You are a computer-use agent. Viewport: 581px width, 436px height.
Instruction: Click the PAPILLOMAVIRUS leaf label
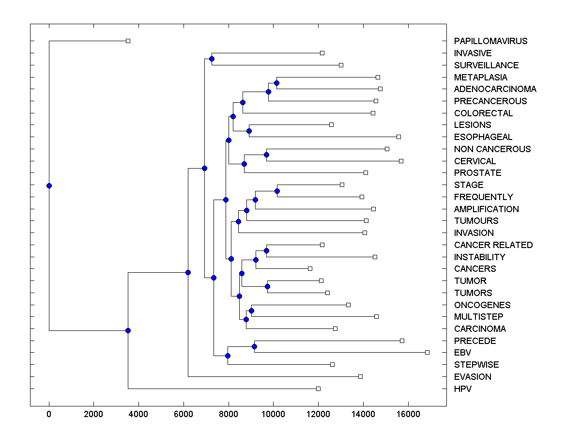(490, 41)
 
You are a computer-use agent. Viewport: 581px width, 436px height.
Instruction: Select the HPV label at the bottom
(462, 389)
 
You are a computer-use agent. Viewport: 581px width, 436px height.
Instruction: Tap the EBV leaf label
(462, 353)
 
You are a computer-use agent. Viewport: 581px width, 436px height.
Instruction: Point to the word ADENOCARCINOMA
(495, 89)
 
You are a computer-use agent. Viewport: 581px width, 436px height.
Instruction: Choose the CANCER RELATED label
(493, 245)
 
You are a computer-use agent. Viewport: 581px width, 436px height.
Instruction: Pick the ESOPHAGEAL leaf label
(483, 137)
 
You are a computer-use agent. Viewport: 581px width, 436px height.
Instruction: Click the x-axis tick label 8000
(229, 414)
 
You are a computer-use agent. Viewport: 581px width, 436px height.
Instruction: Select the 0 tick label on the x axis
(49, 414)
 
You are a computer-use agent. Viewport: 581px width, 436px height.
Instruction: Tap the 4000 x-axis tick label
(138, 414)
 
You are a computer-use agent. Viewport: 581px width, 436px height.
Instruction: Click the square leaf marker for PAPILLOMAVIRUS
(128, 41)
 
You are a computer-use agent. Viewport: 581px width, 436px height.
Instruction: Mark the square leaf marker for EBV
(427, 352)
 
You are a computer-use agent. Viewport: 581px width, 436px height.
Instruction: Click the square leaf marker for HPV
(318, 389)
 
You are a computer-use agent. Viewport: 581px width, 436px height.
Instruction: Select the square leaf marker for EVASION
(360, 376)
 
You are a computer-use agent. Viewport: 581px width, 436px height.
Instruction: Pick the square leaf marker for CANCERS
(310, 268)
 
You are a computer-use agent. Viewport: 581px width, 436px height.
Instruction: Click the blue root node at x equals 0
(49, 186)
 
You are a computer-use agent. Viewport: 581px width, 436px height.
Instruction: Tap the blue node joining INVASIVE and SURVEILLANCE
(212, 59)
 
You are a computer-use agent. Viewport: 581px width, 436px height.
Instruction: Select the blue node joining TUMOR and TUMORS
(268, 286)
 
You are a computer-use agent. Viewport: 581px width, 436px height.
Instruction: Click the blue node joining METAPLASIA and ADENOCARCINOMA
(276, 83)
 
